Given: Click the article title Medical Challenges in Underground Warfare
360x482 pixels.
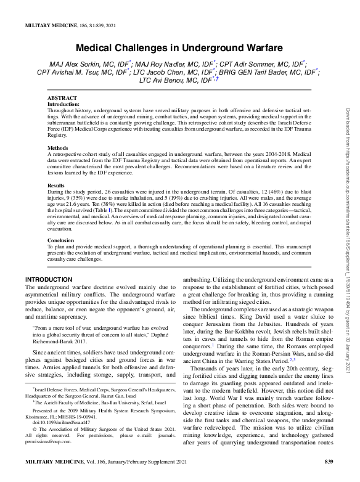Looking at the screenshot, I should tap(179, 47).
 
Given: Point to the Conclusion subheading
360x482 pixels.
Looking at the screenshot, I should tap(61, 239).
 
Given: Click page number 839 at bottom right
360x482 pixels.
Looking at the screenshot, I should tap(328, 462).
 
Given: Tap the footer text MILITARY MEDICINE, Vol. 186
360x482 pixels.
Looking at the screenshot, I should tap(68, 462).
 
